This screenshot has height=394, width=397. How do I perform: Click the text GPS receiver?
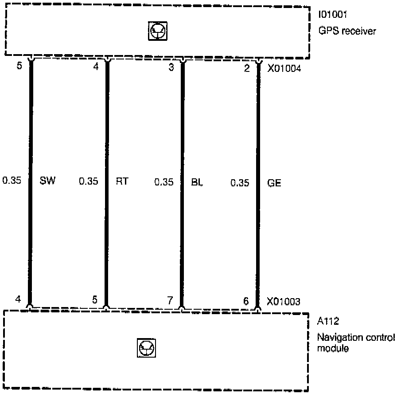[347, 31]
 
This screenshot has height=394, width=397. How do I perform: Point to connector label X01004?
[284, 68]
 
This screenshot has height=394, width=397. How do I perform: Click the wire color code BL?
[197, 182]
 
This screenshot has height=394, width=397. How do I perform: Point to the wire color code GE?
[274, 182]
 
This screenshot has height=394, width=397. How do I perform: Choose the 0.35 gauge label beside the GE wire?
[240, 182]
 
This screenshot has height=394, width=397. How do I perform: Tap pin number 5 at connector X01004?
[19, 68]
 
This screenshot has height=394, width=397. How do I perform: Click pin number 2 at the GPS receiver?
[247, 68]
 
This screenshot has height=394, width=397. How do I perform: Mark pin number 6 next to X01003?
[246, 301]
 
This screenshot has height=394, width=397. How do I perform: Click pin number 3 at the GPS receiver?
[171, 68]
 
